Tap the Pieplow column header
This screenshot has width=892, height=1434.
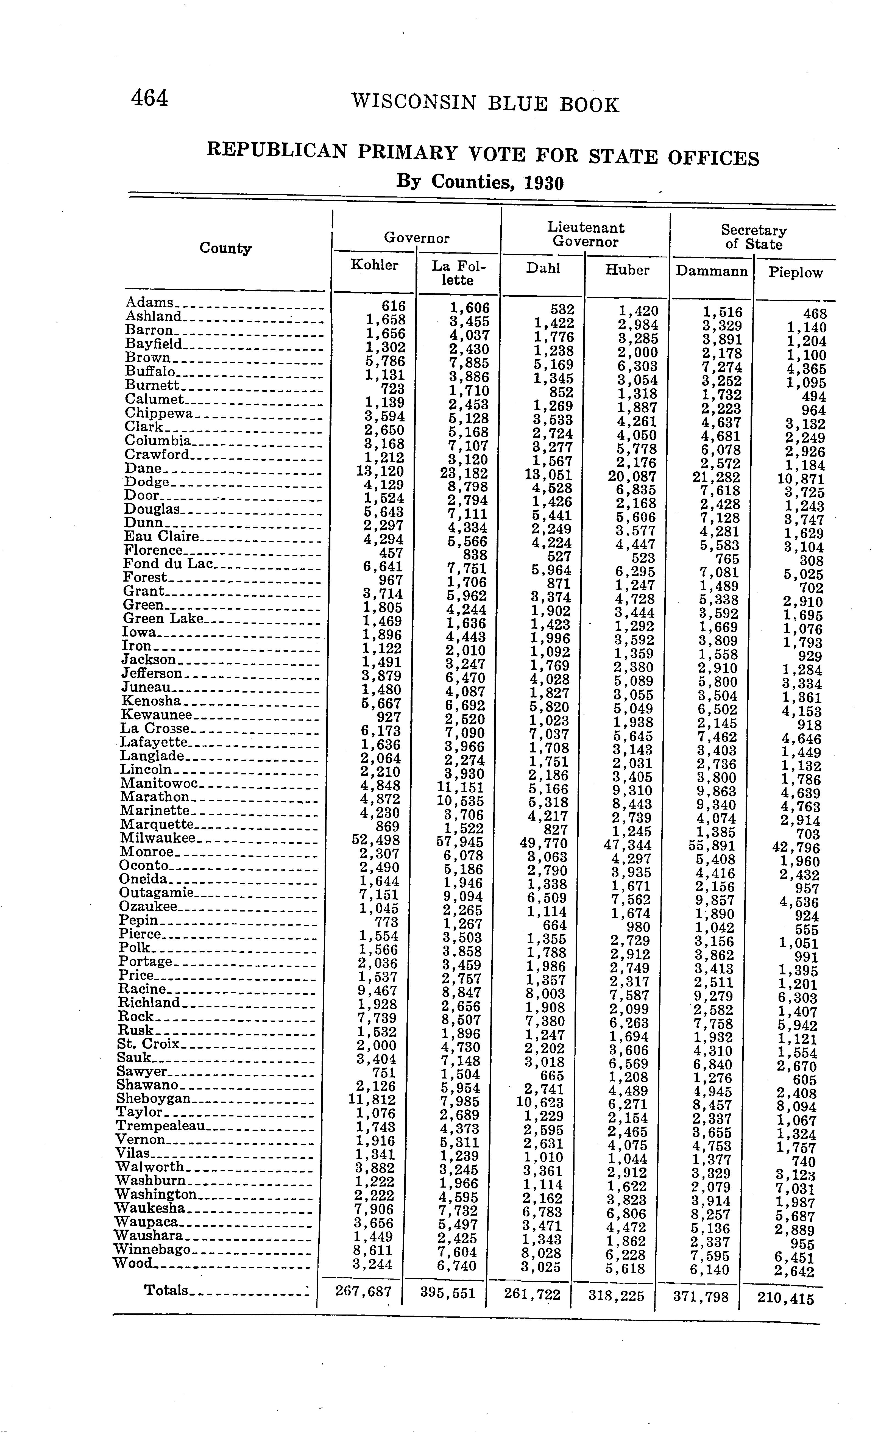click(x=795, y=273)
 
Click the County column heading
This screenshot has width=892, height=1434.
click(x=225, y=248)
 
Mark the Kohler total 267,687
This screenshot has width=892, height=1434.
click(x=363, y=1291)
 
